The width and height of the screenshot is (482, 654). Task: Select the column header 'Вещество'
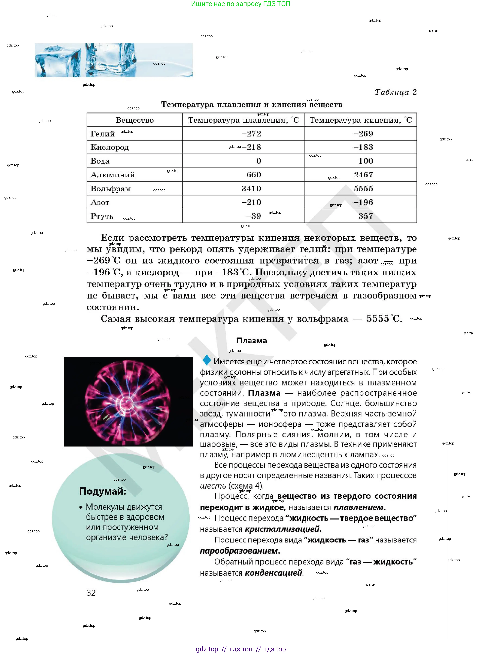point(135,120)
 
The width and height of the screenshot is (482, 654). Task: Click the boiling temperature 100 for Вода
point(366,161)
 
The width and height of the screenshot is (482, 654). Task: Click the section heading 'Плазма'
point(251,341)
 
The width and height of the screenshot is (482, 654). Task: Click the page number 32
point(91,592)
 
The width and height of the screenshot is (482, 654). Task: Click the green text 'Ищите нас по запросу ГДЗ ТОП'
point(241,4)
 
